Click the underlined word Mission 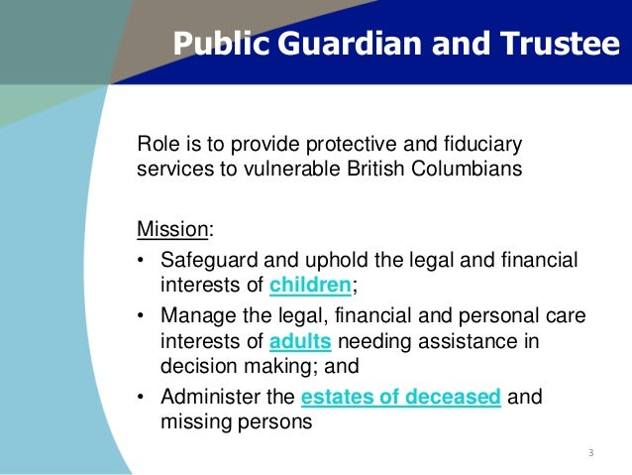[x=172, y=229]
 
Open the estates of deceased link [x=401, y=397]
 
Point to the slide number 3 [x=590, y=453]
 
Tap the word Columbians [x=468, y=168]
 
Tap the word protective [x=364, y=142]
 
